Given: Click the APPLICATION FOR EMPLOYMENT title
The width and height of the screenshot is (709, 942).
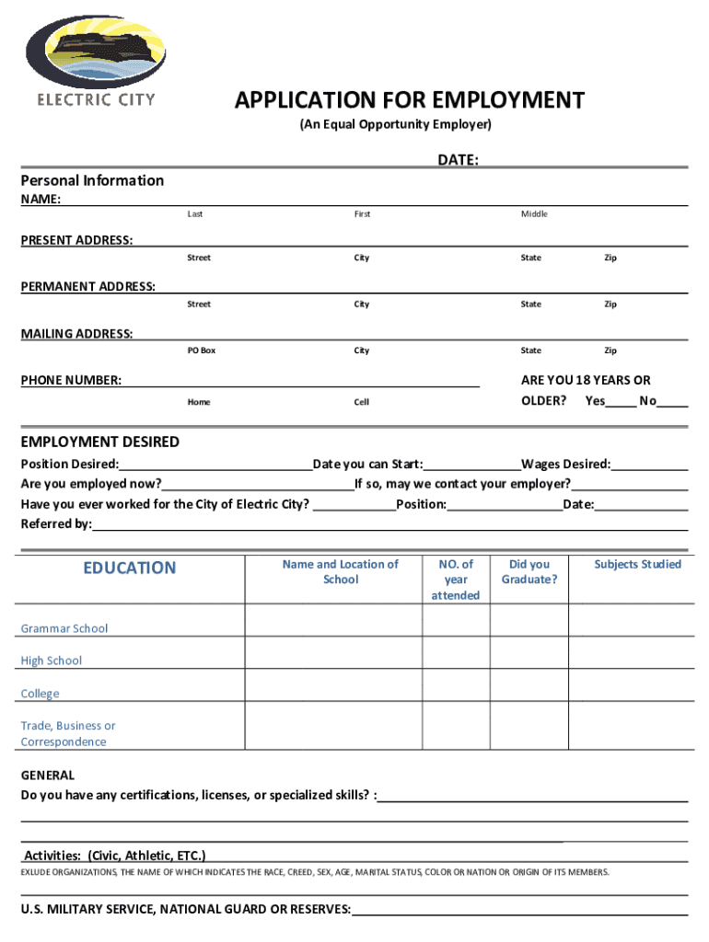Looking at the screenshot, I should pos(409,100).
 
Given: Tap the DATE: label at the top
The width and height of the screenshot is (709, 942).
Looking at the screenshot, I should pos(458,160).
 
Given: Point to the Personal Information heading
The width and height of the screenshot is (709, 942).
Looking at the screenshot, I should pos(92,180).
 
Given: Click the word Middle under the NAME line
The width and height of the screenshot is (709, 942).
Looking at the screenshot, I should pos(534,214).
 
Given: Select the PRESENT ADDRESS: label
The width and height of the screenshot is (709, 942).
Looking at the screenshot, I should pos(76,240).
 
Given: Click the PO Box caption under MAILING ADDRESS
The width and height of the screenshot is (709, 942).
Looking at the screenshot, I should pos(202,350).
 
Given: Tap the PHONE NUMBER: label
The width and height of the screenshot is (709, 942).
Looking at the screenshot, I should pos(71,380).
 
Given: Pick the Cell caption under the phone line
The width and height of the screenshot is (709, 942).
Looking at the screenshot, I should pos(362,402).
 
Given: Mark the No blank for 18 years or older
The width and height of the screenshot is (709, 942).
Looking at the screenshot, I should pos(673,401).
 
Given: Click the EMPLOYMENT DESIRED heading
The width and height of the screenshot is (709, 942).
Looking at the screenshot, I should pos(100,442).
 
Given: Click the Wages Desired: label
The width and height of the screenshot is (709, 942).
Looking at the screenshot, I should pos(565,465).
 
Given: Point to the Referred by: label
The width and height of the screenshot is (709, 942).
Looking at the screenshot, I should pos(56,523).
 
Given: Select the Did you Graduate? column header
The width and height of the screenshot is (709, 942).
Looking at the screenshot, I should pos(529,571).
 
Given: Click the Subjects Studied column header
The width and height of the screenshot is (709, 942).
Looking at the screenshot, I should pos(637,564).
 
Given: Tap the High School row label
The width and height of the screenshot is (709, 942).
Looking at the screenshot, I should pos(52,661).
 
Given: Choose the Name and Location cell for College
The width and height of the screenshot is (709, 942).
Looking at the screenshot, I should pos(333,685).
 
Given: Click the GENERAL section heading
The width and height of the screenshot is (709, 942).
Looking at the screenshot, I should pos(48,775).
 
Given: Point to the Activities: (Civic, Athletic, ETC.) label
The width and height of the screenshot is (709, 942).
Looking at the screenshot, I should pos(115,855).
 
